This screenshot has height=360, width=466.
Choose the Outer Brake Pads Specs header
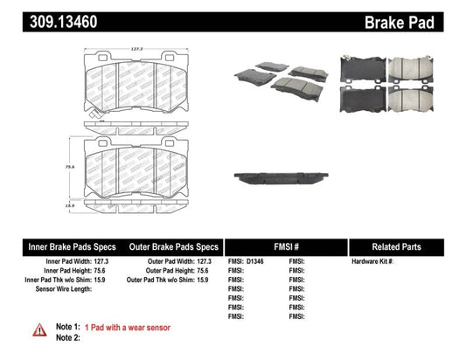tap(172, 247)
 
